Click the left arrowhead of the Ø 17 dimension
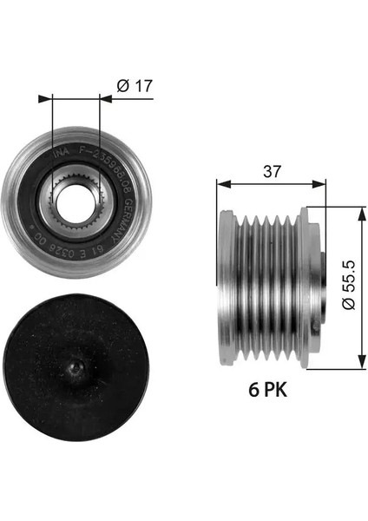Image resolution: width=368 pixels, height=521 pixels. point(56,98)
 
